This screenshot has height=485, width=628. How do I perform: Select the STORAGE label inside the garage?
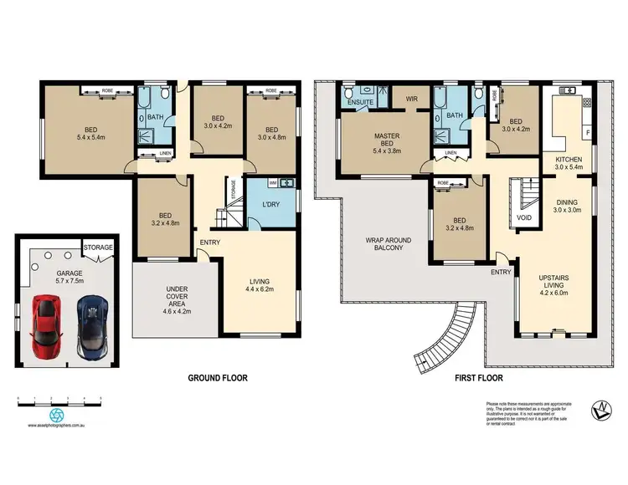pyautogui.click(x=98, y=248)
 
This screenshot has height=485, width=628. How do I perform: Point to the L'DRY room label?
pyautogui.click(x=270, y=206)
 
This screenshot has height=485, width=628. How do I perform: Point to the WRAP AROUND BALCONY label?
pyautogui.click(x=384, y=243)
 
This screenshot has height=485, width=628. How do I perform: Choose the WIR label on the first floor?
pyautogui.click(x=411, y=99)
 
